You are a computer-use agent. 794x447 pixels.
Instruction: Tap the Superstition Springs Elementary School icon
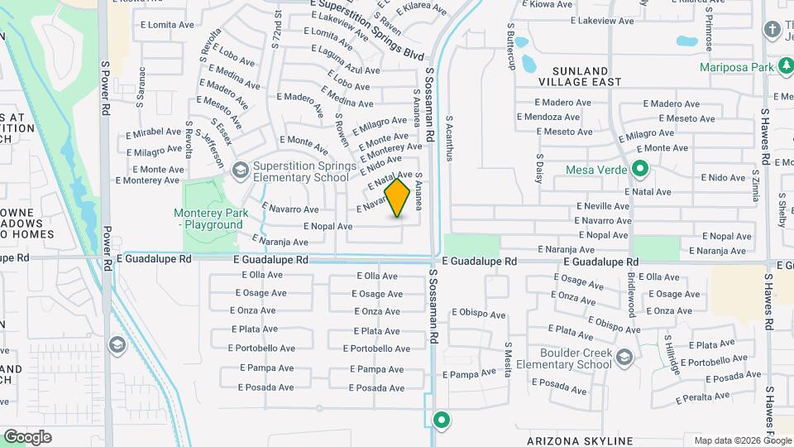240,171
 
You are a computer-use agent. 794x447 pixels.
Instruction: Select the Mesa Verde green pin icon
639,170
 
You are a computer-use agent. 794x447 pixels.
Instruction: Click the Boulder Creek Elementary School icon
624,358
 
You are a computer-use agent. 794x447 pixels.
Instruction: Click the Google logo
27,437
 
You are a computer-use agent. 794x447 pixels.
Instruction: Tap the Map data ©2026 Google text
743,440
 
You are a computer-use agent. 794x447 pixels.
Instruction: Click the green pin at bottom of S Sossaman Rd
442,420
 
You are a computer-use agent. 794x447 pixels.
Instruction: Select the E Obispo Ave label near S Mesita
479,315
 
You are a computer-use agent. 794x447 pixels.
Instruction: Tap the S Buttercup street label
510,51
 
